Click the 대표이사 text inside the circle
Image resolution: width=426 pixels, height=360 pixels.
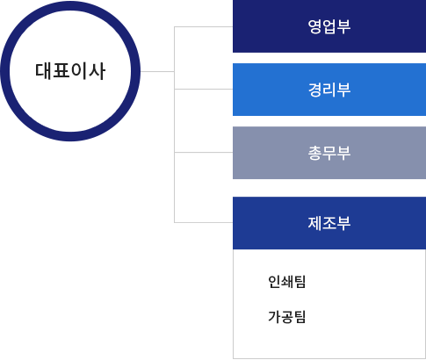click(70, 71)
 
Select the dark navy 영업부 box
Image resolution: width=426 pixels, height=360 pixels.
click(329, 26)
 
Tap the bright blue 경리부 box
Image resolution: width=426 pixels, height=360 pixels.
click(329, 90)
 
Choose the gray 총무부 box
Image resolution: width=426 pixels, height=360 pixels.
click(329, 153)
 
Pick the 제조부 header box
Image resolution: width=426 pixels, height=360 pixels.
click(329, 223)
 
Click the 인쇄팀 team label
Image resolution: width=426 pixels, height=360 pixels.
click(286, 282)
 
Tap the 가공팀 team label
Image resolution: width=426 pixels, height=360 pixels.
click(286, 317)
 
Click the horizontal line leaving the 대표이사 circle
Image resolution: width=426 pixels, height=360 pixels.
click(157, 71)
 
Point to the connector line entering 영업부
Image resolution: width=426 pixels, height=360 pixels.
click(204, 26)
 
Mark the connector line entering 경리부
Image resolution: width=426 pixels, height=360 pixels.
click(204, 89)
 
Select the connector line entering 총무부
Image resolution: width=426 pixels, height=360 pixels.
click(204, 152)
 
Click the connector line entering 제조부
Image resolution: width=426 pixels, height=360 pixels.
click(204, 222)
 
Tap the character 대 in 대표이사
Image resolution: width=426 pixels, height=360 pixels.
click(43, 71)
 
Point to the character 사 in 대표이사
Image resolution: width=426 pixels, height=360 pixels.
click(97, 71)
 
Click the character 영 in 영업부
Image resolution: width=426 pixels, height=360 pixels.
click(314, 26)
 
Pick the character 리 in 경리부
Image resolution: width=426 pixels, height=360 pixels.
click(329, 90)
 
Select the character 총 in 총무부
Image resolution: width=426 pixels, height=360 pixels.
click(314, 153)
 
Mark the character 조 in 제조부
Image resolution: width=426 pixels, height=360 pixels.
click(329, 223)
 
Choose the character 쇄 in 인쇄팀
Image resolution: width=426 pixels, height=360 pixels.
click(286, 282)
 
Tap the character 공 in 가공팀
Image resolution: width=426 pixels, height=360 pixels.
click(286, 317)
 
